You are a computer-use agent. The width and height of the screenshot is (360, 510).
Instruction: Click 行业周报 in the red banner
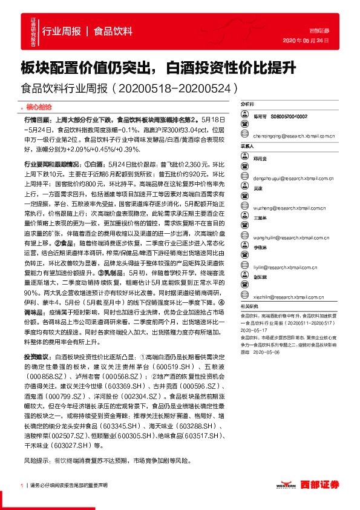[59, 31]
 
